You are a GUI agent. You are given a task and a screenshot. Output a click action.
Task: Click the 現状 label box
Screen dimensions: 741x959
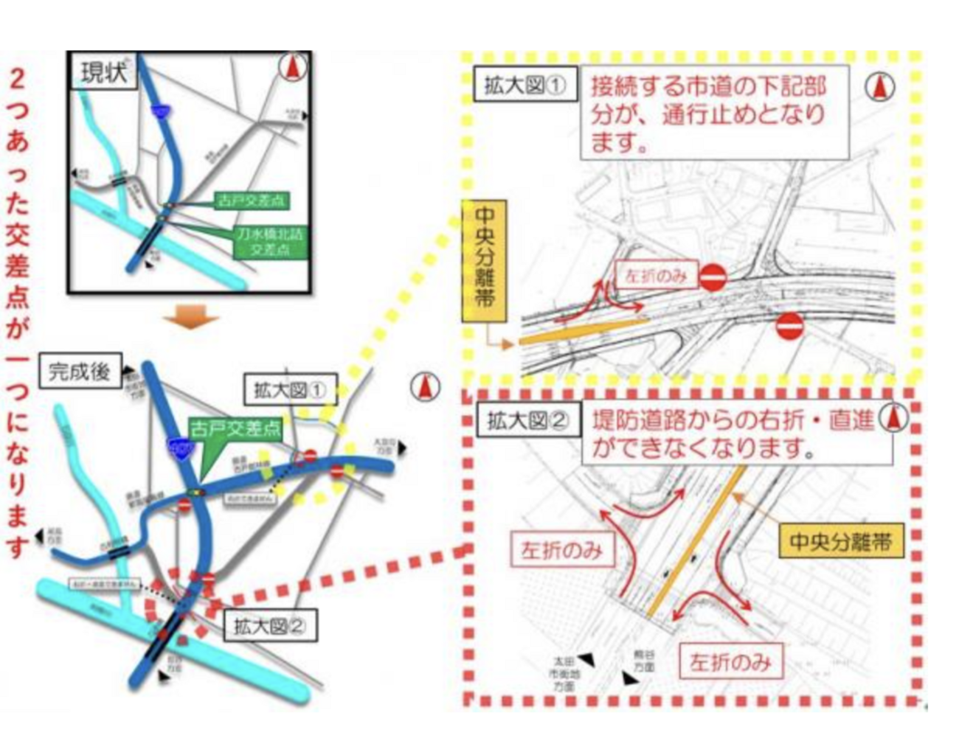tap(103, 72)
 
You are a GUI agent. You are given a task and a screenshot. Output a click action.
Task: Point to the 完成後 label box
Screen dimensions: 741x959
tap(80, 371)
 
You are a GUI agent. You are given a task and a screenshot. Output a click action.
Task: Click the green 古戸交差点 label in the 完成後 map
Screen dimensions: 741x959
tap(235, 428)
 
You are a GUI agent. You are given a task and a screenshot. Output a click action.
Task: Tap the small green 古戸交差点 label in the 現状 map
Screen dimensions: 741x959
tap(251, 201)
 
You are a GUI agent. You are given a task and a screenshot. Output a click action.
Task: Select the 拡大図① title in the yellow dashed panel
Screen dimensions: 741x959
tap(524, 86)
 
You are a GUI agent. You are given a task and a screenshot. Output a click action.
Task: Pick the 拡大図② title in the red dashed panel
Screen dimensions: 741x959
tap(527, 421)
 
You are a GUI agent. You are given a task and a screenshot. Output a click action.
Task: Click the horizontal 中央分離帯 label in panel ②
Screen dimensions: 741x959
tap(840, 542)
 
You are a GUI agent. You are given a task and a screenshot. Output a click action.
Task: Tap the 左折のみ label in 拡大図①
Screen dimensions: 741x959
tap(655, 276)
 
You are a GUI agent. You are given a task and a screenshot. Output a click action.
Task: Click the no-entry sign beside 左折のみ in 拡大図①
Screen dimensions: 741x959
tap(712, 278)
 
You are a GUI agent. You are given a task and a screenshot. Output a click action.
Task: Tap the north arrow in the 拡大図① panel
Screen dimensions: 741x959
tap(879, 87)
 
